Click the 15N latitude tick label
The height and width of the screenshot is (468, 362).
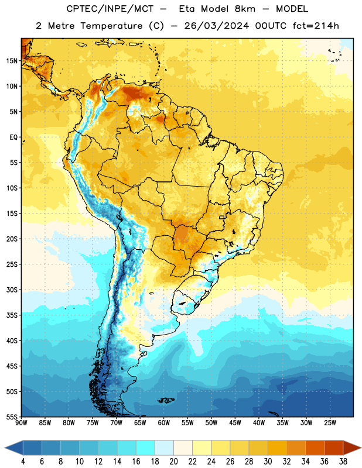12,61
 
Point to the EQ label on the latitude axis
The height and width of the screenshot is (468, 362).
13,137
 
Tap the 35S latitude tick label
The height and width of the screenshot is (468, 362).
12,315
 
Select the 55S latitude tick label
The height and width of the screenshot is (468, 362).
12,417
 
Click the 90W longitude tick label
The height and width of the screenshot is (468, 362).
21,422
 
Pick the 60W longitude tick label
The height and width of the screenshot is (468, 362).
164,422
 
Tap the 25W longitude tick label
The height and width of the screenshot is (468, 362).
330,422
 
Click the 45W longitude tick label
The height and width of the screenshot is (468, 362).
235,422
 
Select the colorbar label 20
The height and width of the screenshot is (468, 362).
173,462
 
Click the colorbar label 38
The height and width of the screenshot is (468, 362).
343,462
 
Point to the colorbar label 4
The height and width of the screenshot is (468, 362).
23,462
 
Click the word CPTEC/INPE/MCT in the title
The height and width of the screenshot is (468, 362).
110,9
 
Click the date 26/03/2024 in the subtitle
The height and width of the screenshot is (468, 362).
216,26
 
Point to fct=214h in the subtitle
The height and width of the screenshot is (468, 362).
316,26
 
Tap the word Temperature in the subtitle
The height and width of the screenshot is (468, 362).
111,26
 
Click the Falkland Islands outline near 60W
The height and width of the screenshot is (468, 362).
166,400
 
